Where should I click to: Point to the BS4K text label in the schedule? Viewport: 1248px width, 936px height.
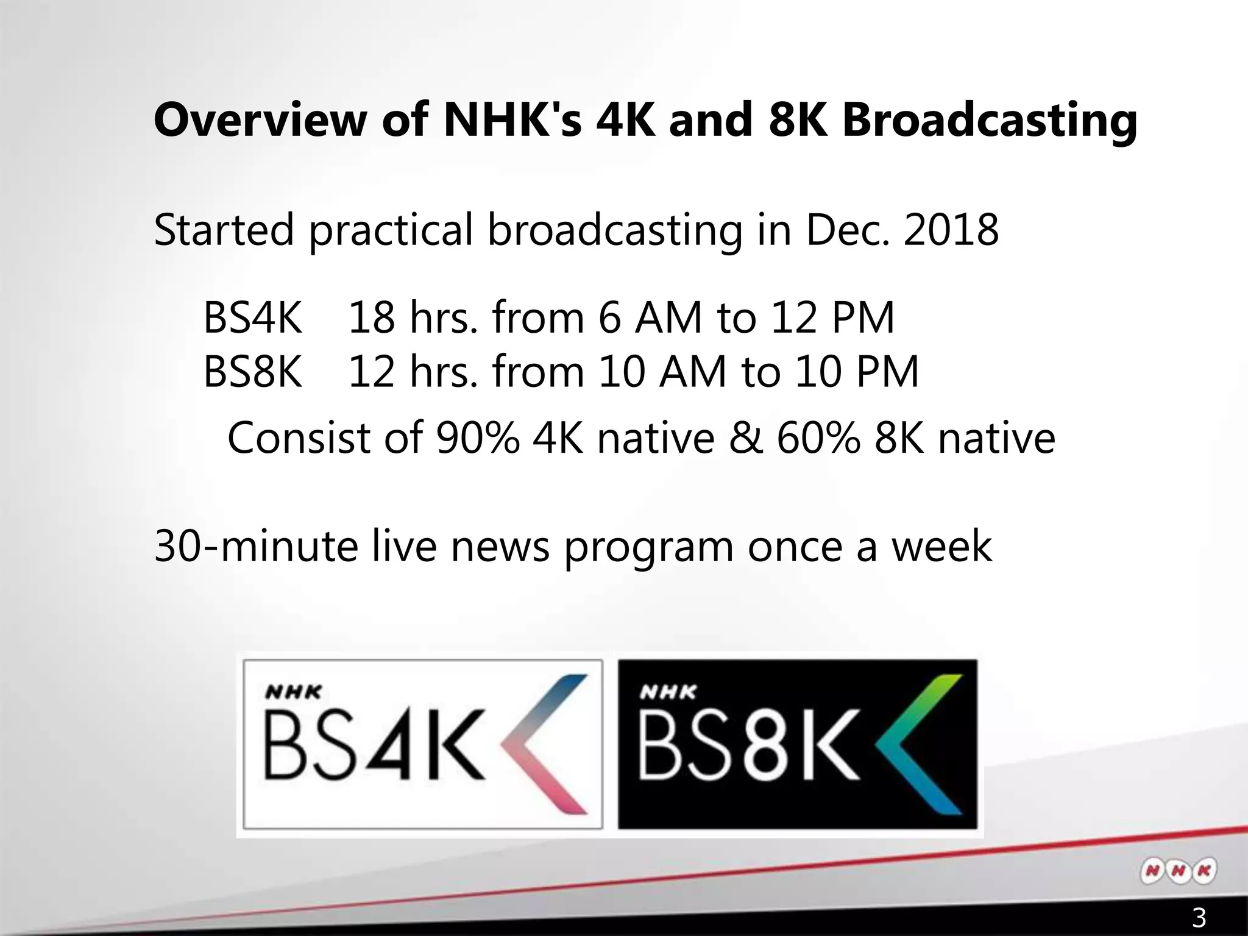252,317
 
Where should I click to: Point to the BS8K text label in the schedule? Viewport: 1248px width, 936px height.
252,372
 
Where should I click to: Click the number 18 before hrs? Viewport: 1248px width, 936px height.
371,317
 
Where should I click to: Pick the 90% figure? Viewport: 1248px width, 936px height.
478,438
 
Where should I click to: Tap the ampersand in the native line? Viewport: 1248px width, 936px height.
745,438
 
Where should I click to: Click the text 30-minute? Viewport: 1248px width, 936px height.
256,546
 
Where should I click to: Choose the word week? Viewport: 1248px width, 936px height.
942,546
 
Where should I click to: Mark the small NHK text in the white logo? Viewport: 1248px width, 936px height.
293,693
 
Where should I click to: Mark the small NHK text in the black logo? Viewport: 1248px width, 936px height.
668,693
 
